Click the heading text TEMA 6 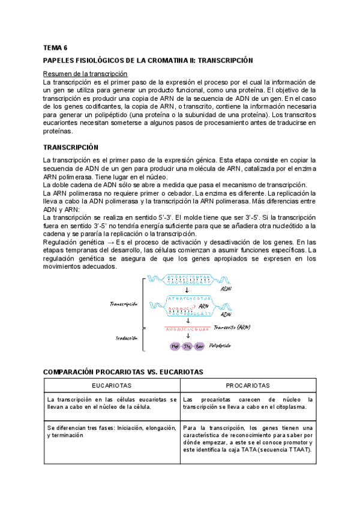(x=55, y=47)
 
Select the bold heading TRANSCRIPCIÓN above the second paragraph (x=71, y=147)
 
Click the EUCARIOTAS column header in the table (x=112, y=385)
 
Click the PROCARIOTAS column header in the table (x=247, y=385)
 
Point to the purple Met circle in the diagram (x=176, y=346)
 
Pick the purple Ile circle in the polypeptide (x=188, y=346)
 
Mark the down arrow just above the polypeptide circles (x=188, y=336)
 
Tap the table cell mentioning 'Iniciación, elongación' (x=112, y=435)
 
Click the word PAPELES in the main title (x=60, y=61)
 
